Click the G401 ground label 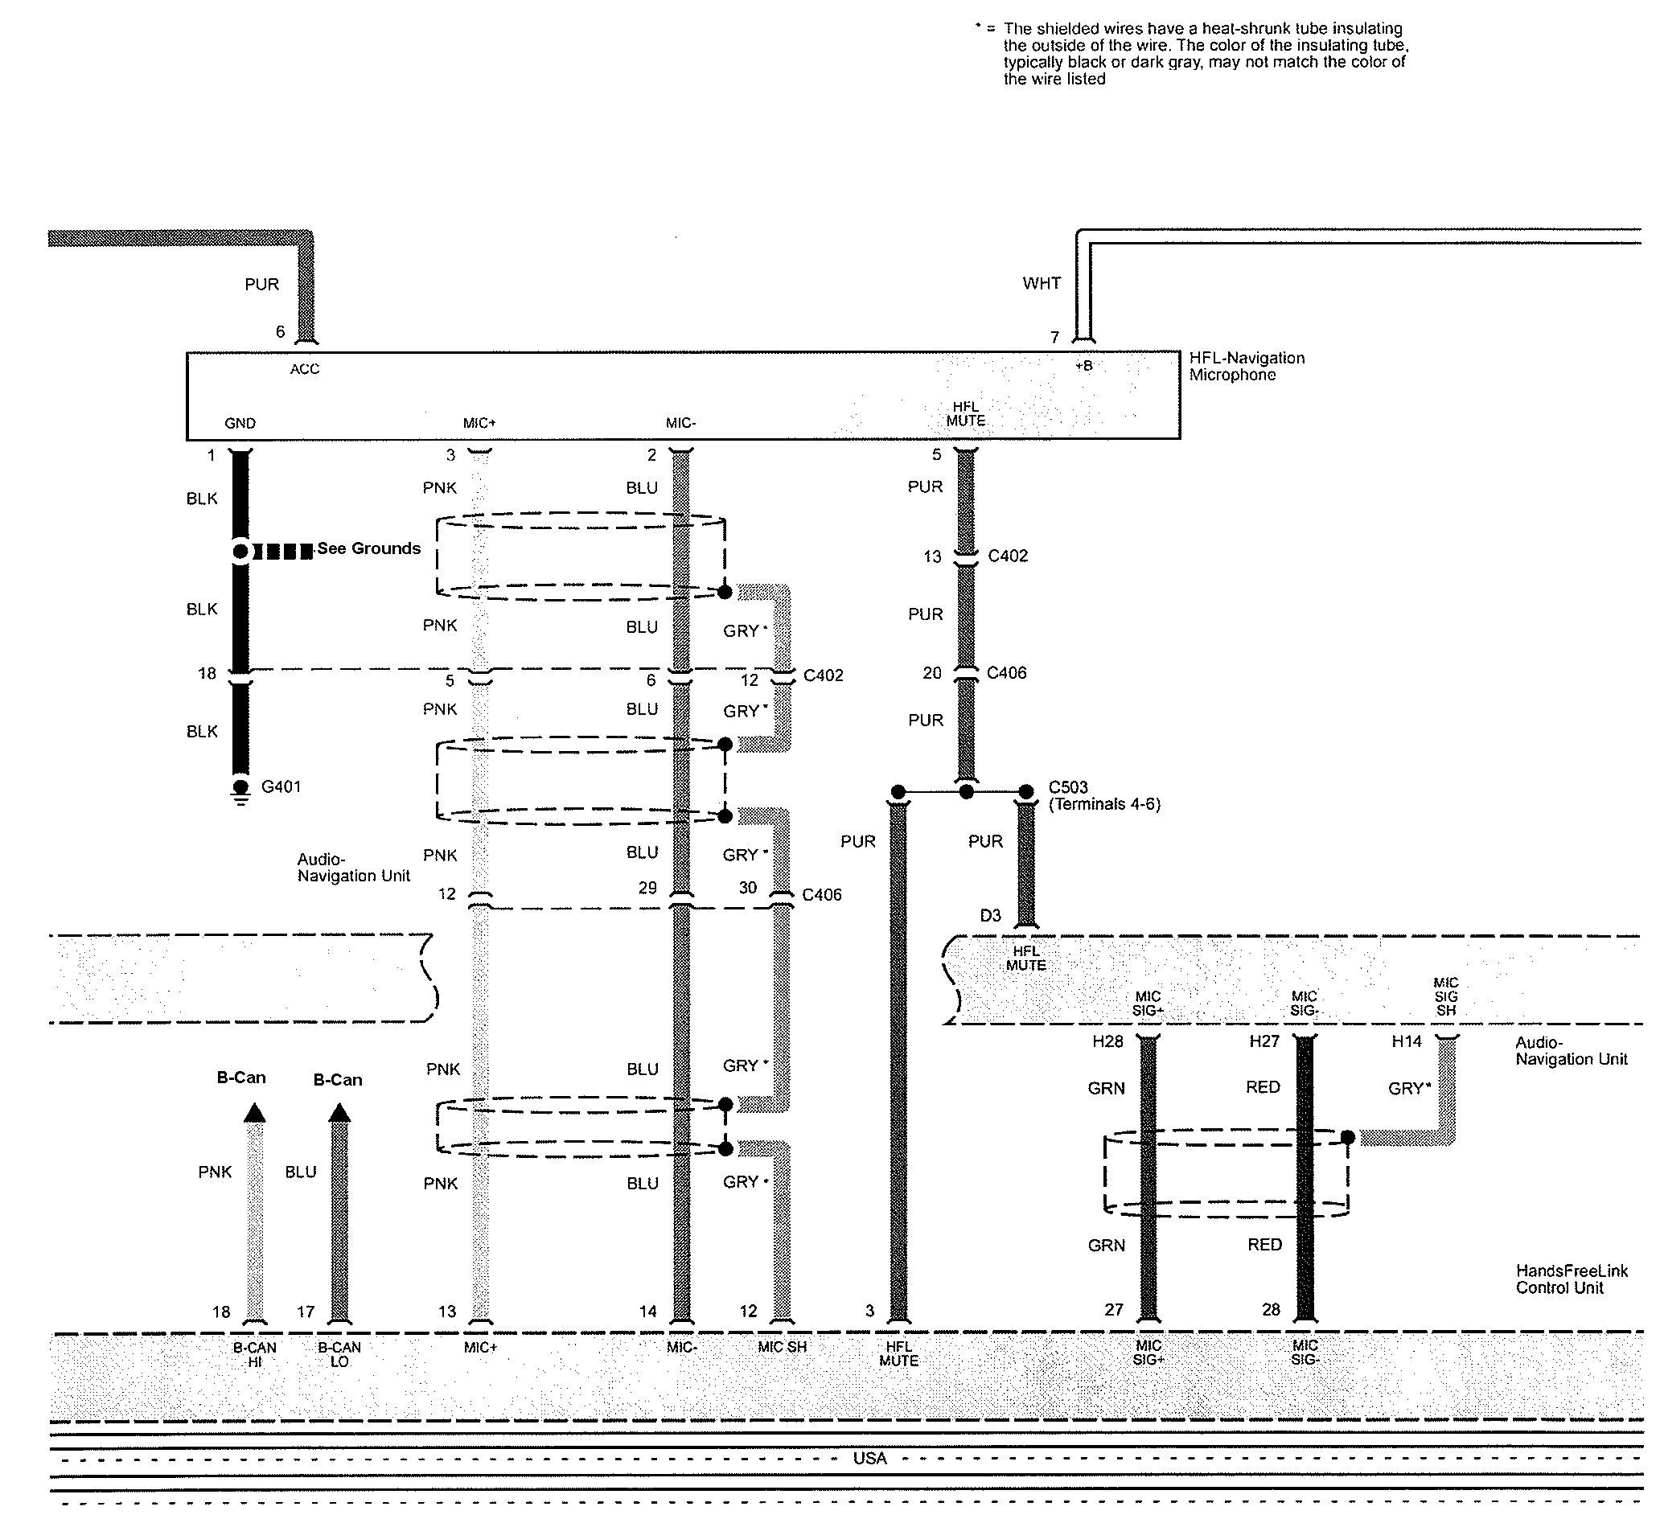coord(281,787)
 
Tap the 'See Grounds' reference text coord(369,548)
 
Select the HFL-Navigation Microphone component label coord(1246,367)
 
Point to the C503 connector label coord(1068,787)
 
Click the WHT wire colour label coord(1042,283)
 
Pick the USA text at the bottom coord(869,1459)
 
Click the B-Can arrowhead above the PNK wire coord(255,1114)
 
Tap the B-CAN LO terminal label coord(339,1354)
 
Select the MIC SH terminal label coord(783,1347)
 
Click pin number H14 coord(1407,1041)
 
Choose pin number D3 coord(990,916)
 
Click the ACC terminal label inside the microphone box coord(305,370)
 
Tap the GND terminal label coord(240,424)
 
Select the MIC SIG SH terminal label coord(1446,996)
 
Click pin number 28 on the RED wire coord(1271,1310)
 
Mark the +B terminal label coord(1084,367)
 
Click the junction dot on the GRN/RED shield coord(1348,1138)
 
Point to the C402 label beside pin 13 coord(1008,556)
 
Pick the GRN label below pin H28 coord(1106,1089)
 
